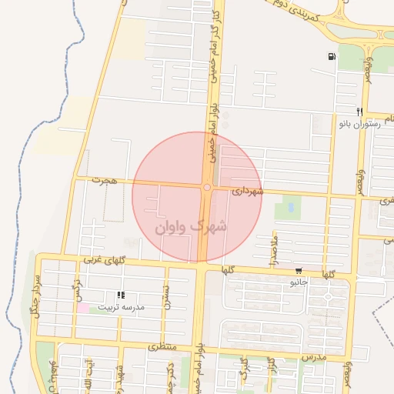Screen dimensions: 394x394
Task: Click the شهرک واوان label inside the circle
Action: coord(192,227)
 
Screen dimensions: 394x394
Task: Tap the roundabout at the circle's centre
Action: coord(207,187)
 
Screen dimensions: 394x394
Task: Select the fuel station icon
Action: coord(331,56)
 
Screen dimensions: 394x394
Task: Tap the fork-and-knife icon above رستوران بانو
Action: coord(359,112)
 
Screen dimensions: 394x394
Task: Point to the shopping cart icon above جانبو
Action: coord(299,271)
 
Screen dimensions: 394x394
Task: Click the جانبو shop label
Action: coord(299,282)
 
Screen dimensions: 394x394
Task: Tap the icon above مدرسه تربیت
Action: coord(120,295)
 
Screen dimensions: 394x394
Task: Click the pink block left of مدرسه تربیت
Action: coord(82,308)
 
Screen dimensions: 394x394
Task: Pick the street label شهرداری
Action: coord(246,190)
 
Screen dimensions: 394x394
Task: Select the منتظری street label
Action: coord(162,347)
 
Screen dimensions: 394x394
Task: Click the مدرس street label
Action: coord(314,357)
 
